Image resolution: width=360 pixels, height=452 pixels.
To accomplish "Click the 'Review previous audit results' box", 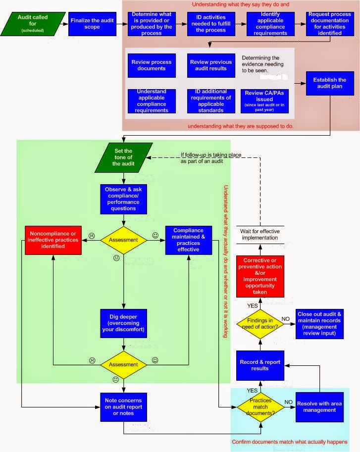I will [x=210, y=65].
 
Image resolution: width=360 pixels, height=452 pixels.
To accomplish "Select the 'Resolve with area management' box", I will [x=319, y=406].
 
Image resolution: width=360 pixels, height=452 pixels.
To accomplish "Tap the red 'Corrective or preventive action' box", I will [x=260, y=276].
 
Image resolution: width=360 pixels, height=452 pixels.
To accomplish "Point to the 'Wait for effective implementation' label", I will [x=260, y=234].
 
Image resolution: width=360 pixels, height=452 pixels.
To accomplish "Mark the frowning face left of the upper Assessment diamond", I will [x=92, y=235].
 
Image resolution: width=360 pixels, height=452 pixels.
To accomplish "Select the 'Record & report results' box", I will [x=260, y=365].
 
